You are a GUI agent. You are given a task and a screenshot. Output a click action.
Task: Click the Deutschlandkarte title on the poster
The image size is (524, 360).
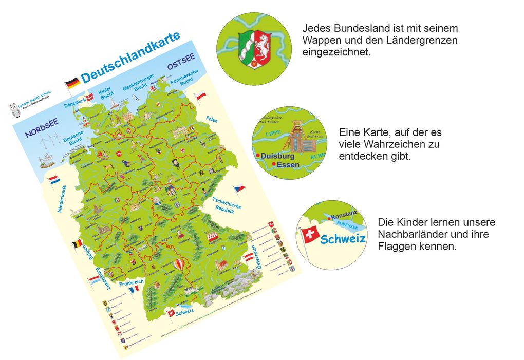tap(130, 57)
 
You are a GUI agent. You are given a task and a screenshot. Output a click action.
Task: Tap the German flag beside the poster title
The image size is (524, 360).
tap(72, 82)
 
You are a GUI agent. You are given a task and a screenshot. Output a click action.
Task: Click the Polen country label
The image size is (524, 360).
tap(212, 119)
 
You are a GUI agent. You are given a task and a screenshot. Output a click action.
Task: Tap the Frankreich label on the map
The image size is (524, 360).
tap(130, 283)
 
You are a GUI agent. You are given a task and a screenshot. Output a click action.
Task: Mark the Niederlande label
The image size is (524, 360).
tap(62, 199)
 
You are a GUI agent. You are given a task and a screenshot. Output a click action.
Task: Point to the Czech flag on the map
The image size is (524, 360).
tap(239, 188)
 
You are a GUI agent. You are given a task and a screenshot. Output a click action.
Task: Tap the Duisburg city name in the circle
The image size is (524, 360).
tap(277, 156)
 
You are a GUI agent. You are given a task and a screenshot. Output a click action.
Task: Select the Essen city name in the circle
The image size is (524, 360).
tap(288, 165)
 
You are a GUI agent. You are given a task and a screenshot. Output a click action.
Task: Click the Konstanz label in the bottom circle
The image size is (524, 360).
tap(343, 217)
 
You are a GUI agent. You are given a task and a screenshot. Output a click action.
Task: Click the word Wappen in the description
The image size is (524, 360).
tap(319, 40)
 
